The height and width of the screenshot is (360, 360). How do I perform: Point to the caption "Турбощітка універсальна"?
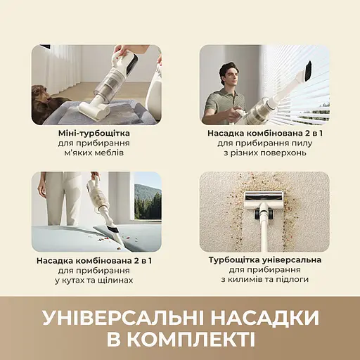[x=265, y=259]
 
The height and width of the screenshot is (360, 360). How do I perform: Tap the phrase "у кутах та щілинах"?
[x=96, y=280]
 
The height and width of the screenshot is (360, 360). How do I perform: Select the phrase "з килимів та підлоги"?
[x=265, y=280]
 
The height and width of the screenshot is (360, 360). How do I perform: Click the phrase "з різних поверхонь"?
[x=265, y=153]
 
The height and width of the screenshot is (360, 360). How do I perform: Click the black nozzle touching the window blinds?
[x=309, y=70]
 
